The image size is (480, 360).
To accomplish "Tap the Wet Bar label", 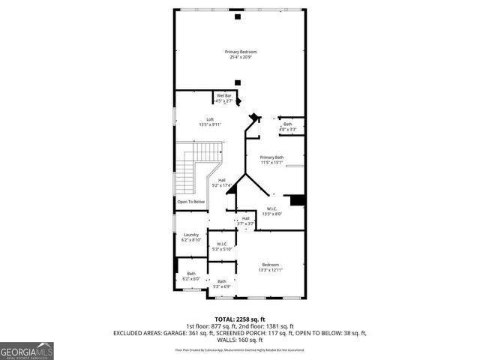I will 224,96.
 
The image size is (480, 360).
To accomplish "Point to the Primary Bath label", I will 271,157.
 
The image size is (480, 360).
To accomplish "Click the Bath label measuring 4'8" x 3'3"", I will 288,124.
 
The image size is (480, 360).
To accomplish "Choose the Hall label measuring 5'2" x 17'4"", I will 222,181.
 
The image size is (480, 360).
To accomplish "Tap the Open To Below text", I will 190,202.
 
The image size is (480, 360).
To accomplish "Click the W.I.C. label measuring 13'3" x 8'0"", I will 271,209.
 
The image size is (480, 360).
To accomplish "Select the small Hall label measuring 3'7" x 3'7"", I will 246,218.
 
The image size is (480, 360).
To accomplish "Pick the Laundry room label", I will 191,235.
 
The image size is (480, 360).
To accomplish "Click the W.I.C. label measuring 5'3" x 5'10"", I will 223,244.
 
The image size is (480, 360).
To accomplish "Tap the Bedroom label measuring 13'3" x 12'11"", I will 270,265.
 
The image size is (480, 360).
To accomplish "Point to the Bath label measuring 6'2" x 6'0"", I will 191,274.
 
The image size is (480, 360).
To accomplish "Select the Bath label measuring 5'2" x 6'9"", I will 222,281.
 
